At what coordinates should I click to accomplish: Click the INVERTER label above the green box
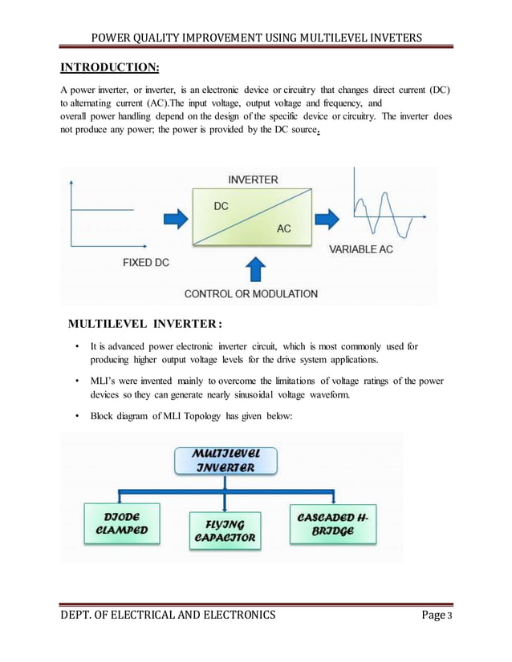[x=254, y=180]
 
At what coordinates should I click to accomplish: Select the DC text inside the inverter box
[x=221, y=206]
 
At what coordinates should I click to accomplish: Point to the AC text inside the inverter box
[x=283, y=229]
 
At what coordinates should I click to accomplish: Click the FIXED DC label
[x=150, y=262]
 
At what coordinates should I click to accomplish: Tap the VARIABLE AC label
[x=361, y=250]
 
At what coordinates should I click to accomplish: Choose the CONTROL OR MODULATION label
[x=251, y=294]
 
